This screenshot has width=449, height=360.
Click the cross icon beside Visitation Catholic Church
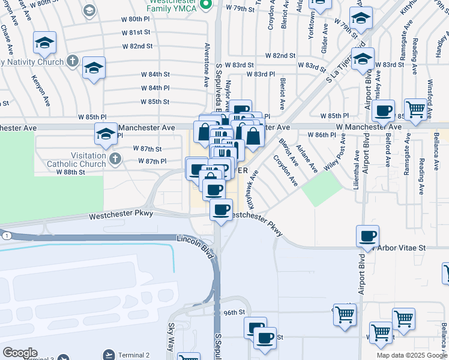click(114, 159)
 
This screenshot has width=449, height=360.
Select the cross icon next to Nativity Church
click(72, 61)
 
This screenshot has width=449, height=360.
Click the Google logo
click(19, 353)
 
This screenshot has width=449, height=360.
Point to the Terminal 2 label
click(133, 355)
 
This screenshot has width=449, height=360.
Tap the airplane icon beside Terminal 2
click(108, 355)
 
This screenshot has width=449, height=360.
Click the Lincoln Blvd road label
click(196, 246)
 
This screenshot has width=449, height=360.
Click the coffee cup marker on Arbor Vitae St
click(367, 236)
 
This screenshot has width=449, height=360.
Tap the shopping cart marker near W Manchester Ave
click(415, 110)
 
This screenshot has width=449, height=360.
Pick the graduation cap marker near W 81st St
click(45, 42)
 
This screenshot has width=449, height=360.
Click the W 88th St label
click(71, 172)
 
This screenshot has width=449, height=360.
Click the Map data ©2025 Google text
click(412, 355)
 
